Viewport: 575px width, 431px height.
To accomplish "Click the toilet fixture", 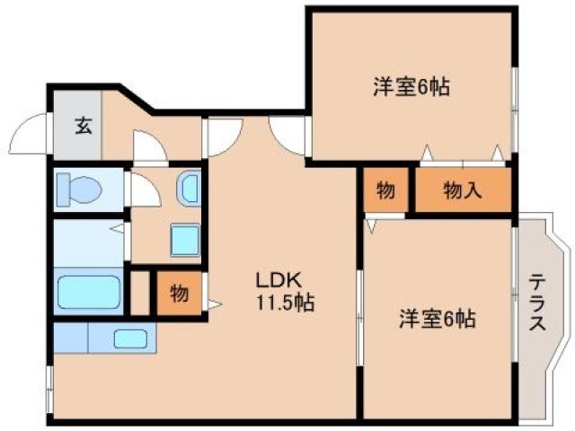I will (x=75, y=189).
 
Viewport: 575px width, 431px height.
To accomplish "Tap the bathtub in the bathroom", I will (x=88, y=293).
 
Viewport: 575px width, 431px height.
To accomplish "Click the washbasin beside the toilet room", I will (x=190, y=188).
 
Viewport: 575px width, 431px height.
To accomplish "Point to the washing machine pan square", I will (x=185, y=241).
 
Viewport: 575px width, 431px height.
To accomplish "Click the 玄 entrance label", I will (x=83, y=127).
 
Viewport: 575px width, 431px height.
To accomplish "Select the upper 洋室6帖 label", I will (x=411, y=87).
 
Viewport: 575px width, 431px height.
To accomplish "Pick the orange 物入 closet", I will (x=463, y=190).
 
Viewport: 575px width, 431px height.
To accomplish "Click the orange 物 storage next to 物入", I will (x=385, y=190).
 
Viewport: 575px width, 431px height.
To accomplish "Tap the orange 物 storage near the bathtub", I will (x=179, y=294).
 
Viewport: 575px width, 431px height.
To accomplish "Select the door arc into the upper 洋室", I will (x=289, y=137).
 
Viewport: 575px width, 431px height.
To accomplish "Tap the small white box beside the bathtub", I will (x=139, y=294).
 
